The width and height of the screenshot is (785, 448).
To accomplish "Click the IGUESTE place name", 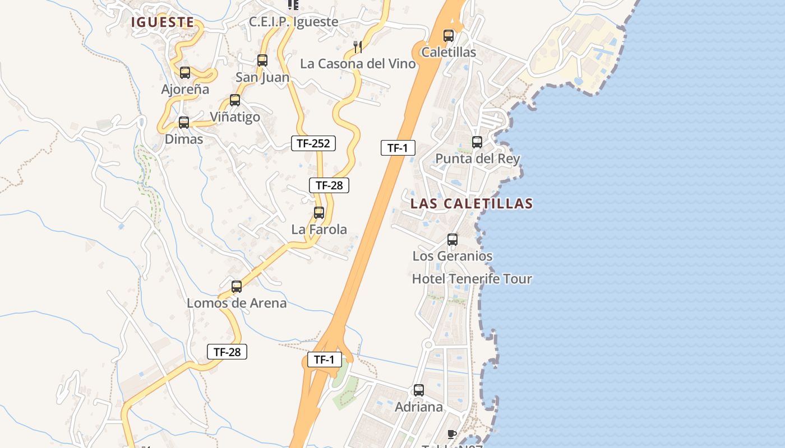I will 163,22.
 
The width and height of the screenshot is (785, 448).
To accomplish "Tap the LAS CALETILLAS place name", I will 471,203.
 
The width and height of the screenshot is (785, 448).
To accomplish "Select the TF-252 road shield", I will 313,143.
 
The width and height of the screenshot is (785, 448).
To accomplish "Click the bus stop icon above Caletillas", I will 449,36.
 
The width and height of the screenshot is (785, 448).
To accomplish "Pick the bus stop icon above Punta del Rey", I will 477,142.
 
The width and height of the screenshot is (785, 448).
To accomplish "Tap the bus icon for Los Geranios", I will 452,240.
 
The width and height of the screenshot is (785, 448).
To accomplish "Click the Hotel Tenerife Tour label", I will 472,279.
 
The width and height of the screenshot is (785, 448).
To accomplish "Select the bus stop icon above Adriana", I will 419,390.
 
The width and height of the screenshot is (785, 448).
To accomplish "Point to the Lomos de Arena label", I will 237,303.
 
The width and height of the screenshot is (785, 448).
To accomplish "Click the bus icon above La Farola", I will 319,213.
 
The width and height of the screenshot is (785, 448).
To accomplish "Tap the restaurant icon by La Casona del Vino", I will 358,46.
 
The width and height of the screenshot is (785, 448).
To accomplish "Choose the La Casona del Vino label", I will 358,64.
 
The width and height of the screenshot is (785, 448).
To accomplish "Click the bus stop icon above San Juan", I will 262,60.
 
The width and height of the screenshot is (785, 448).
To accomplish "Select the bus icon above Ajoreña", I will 185,72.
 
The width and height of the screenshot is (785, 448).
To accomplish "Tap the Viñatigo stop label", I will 235,117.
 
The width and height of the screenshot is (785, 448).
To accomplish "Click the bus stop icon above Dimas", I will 184,123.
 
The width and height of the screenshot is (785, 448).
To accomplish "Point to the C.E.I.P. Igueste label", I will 294,22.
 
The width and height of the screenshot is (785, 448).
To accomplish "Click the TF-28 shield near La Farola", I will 329,185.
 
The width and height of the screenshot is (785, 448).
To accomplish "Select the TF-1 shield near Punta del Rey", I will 398,148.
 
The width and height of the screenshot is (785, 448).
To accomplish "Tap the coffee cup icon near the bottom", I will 452,434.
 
